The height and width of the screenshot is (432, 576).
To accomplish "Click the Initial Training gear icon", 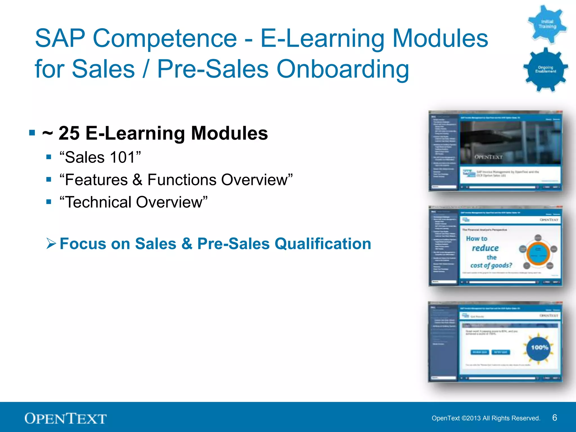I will [x=547, y=24].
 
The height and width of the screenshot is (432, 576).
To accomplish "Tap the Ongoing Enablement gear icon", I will [x=545, y=69].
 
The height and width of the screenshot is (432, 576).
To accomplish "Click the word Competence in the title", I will [x=165, y=39].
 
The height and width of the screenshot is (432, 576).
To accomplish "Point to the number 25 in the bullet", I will [x=69, y=133].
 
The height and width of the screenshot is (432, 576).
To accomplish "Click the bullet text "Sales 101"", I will [x=100, y=157].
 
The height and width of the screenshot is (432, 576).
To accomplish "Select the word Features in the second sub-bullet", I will [x=96, y=180].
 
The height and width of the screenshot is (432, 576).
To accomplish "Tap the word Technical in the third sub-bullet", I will [x=99, y=202].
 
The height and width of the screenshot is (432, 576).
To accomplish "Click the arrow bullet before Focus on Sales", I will [x=51, y=243].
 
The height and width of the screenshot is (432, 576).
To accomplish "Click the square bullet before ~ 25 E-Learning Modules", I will [x=32, y=133].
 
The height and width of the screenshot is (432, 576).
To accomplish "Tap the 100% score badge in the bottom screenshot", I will [x=539, y=348].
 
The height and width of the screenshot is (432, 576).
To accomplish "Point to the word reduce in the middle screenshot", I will [x=485, y=248].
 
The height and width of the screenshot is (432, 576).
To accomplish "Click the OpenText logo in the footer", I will [x=66, y=418].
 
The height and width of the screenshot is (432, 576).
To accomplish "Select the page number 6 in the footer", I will [x=554, y=418].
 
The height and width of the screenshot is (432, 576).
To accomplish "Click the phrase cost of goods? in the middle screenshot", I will [x=491, y=265].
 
